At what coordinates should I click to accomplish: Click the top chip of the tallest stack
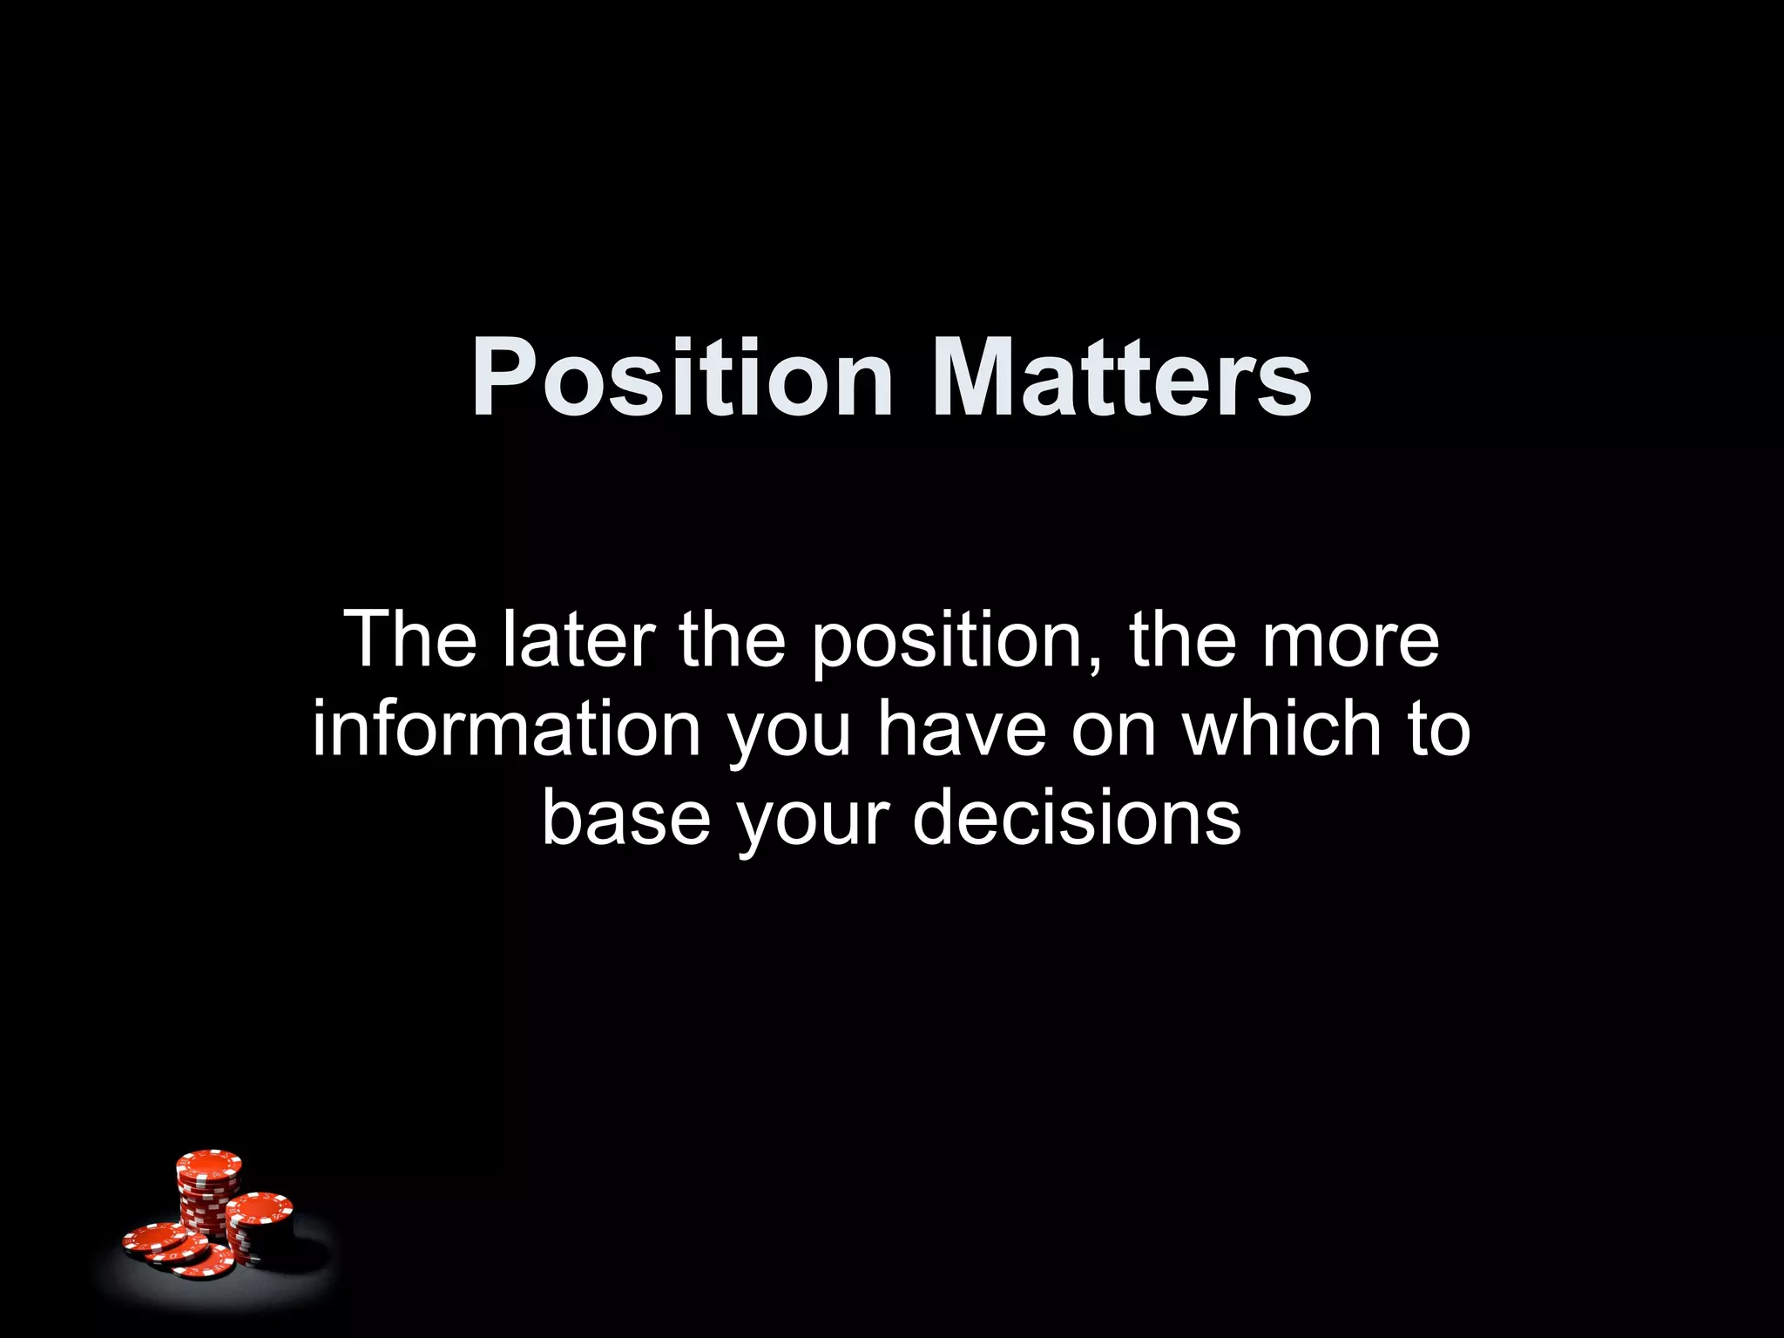[208, 1163]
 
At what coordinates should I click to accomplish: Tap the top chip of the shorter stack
[260, 1207]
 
